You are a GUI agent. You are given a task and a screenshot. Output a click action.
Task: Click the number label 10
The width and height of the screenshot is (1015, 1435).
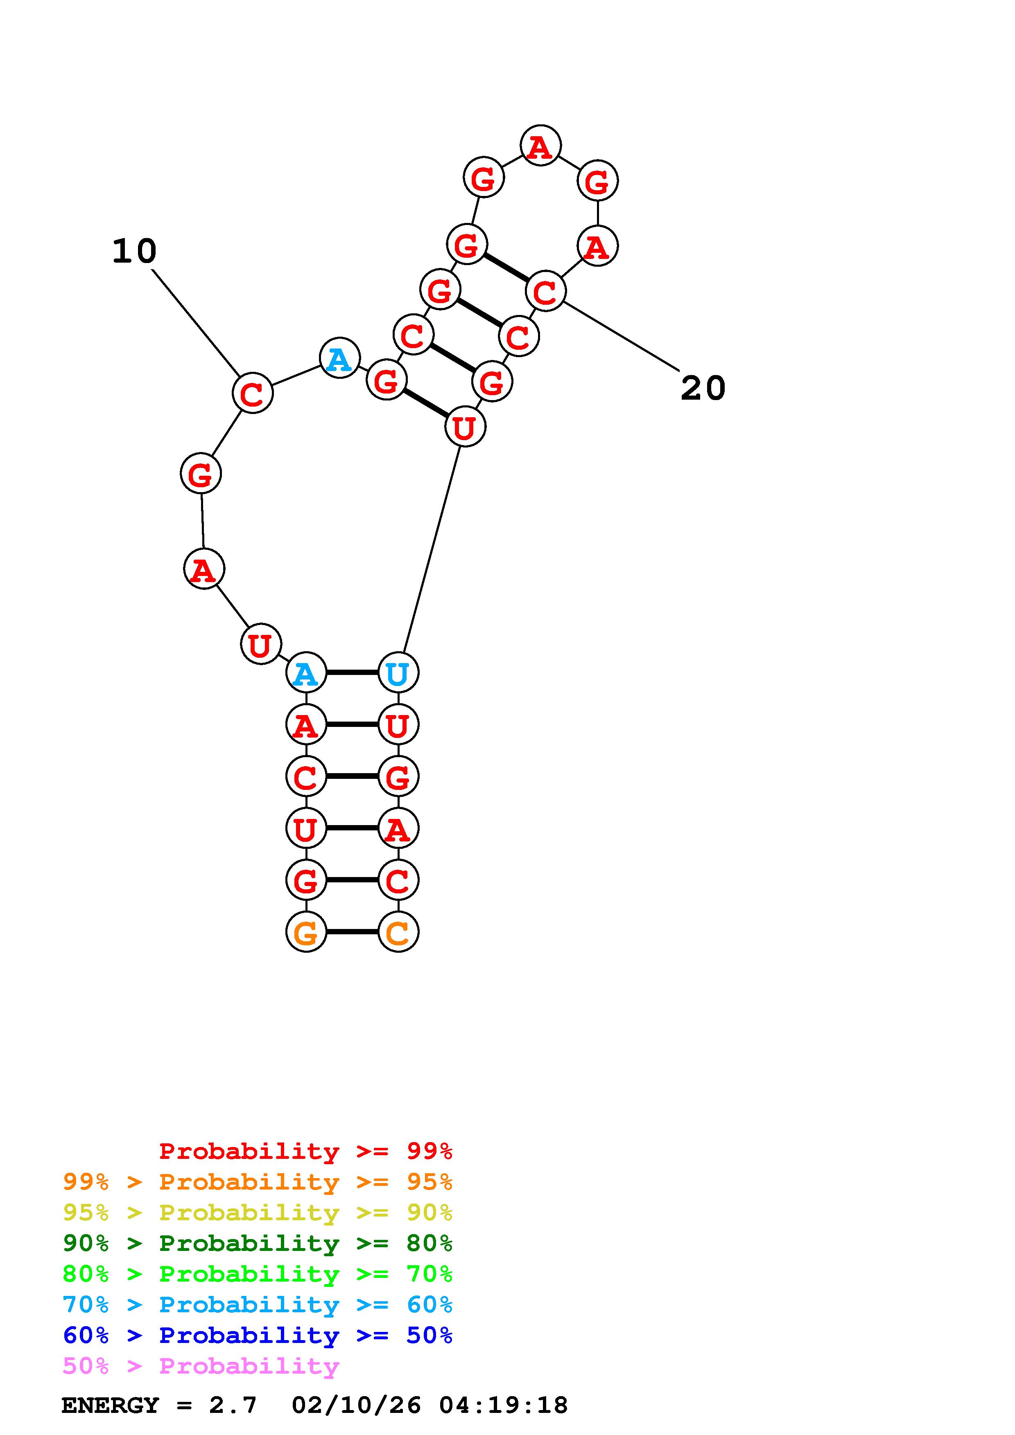[134, 251]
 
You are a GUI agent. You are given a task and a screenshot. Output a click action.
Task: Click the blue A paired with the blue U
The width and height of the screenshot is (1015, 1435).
[306, 673]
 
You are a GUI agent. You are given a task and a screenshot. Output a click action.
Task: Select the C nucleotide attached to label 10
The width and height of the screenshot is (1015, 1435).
[252, 393]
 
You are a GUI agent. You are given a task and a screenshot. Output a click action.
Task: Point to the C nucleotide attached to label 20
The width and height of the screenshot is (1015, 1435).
[545, 291]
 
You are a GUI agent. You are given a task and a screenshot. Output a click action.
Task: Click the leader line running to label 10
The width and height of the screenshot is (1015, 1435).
[195, 322]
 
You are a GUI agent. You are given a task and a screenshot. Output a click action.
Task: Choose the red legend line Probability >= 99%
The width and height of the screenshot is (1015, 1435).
[306, 1151]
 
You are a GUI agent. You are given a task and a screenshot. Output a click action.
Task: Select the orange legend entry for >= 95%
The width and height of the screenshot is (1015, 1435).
[258, 1182]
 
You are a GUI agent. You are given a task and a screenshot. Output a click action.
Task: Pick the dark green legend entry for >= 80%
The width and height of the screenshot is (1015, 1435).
[258, 1243]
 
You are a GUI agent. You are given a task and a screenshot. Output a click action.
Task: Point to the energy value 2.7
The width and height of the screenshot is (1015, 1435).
[233, 1405]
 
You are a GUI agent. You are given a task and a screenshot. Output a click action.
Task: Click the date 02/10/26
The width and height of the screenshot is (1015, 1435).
[357, 1405]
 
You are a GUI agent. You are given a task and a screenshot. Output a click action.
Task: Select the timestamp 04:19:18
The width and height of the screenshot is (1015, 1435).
[504, 1405]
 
